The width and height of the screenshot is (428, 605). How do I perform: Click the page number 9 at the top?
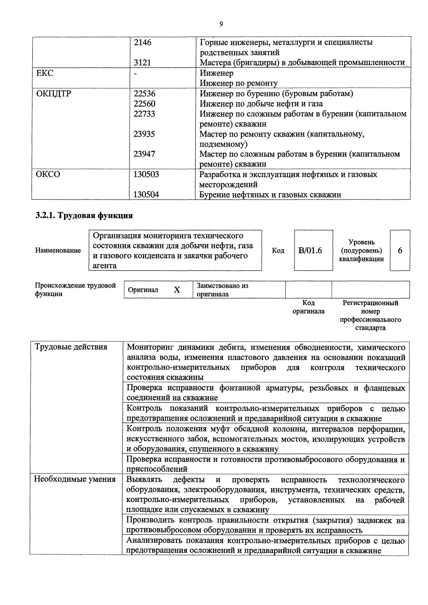221,24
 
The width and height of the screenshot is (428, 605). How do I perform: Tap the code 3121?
142,62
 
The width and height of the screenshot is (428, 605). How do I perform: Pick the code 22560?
144,104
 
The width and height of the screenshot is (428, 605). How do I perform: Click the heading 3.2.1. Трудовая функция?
84,215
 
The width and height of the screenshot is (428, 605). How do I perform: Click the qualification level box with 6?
400,250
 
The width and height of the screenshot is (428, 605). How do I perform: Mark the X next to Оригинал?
177,290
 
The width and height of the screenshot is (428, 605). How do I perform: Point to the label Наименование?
58,250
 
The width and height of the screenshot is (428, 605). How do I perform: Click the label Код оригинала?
308,307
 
